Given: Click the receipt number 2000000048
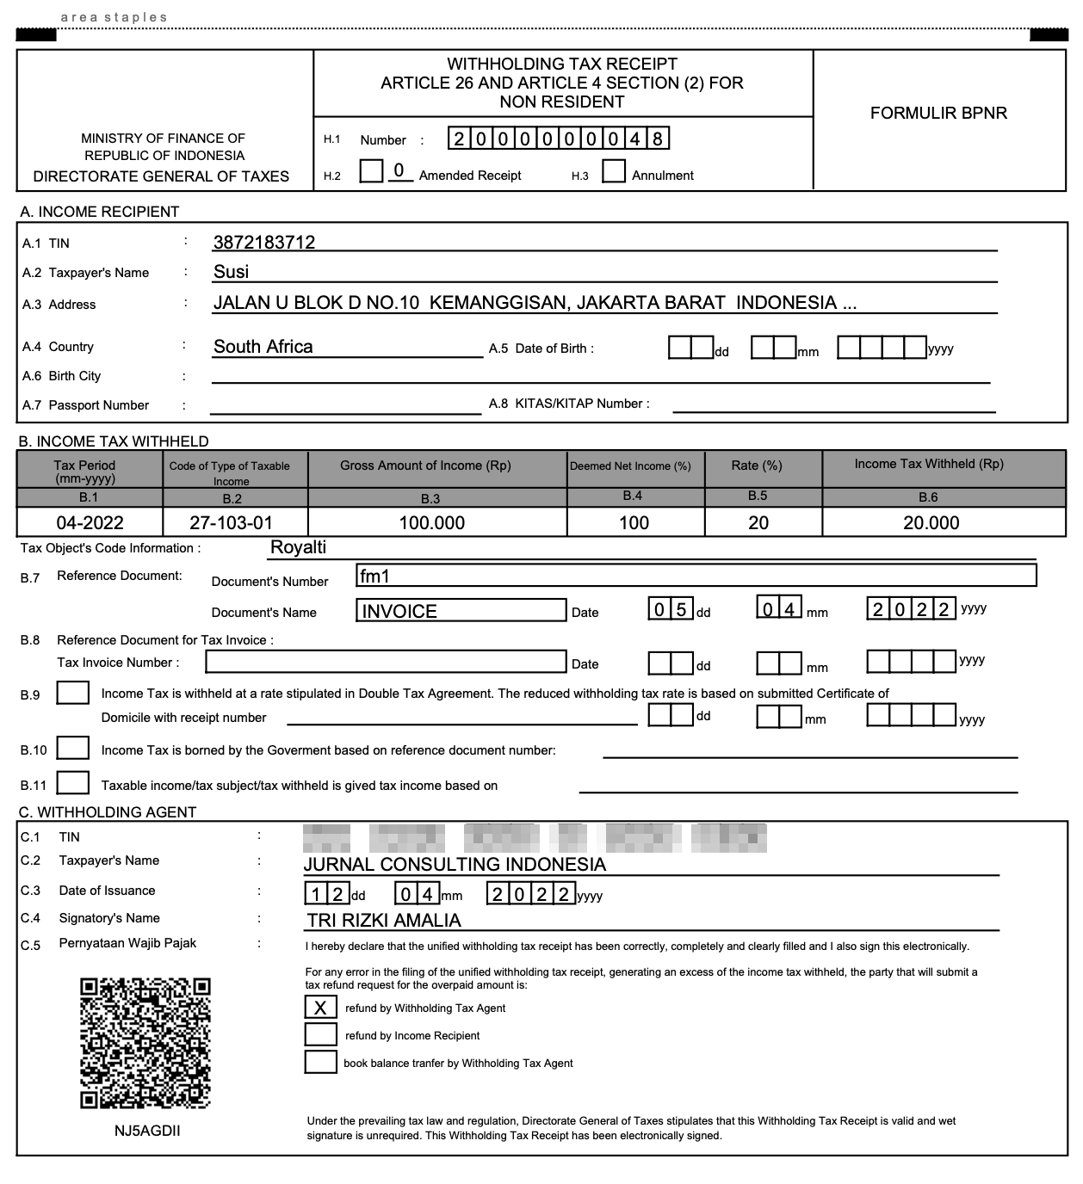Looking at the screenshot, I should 558,139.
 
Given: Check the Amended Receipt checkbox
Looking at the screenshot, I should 371,171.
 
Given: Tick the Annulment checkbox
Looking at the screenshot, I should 614,171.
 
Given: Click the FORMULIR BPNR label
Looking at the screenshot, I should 938,113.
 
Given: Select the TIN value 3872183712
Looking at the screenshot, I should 264,243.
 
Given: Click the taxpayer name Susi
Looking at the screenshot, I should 231,272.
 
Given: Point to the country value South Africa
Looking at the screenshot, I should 263,347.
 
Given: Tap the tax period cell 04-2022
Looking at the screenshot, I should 90,522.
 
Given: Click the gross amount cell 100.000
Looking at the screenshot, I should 431,522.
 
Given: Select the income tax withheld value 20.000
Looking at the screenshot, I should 931,522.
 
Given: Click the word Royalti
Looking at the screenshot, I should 298,547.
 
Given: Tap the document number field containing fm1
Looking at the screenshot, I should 695,576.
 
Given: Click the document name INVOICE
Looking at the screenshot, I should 461,611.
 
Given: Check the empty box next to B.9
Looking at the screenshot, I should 73,693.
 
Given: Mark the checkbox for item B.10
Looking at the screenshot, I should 73,748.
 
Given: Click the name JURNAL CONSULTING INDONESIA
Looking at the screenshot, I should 455,864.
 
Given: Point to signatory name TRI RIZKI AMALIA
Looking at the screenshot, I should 384,920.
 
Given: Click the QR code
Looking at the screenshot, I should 145,1043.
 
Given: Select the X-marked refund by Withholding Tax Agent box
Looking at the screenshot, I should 320,1007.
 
